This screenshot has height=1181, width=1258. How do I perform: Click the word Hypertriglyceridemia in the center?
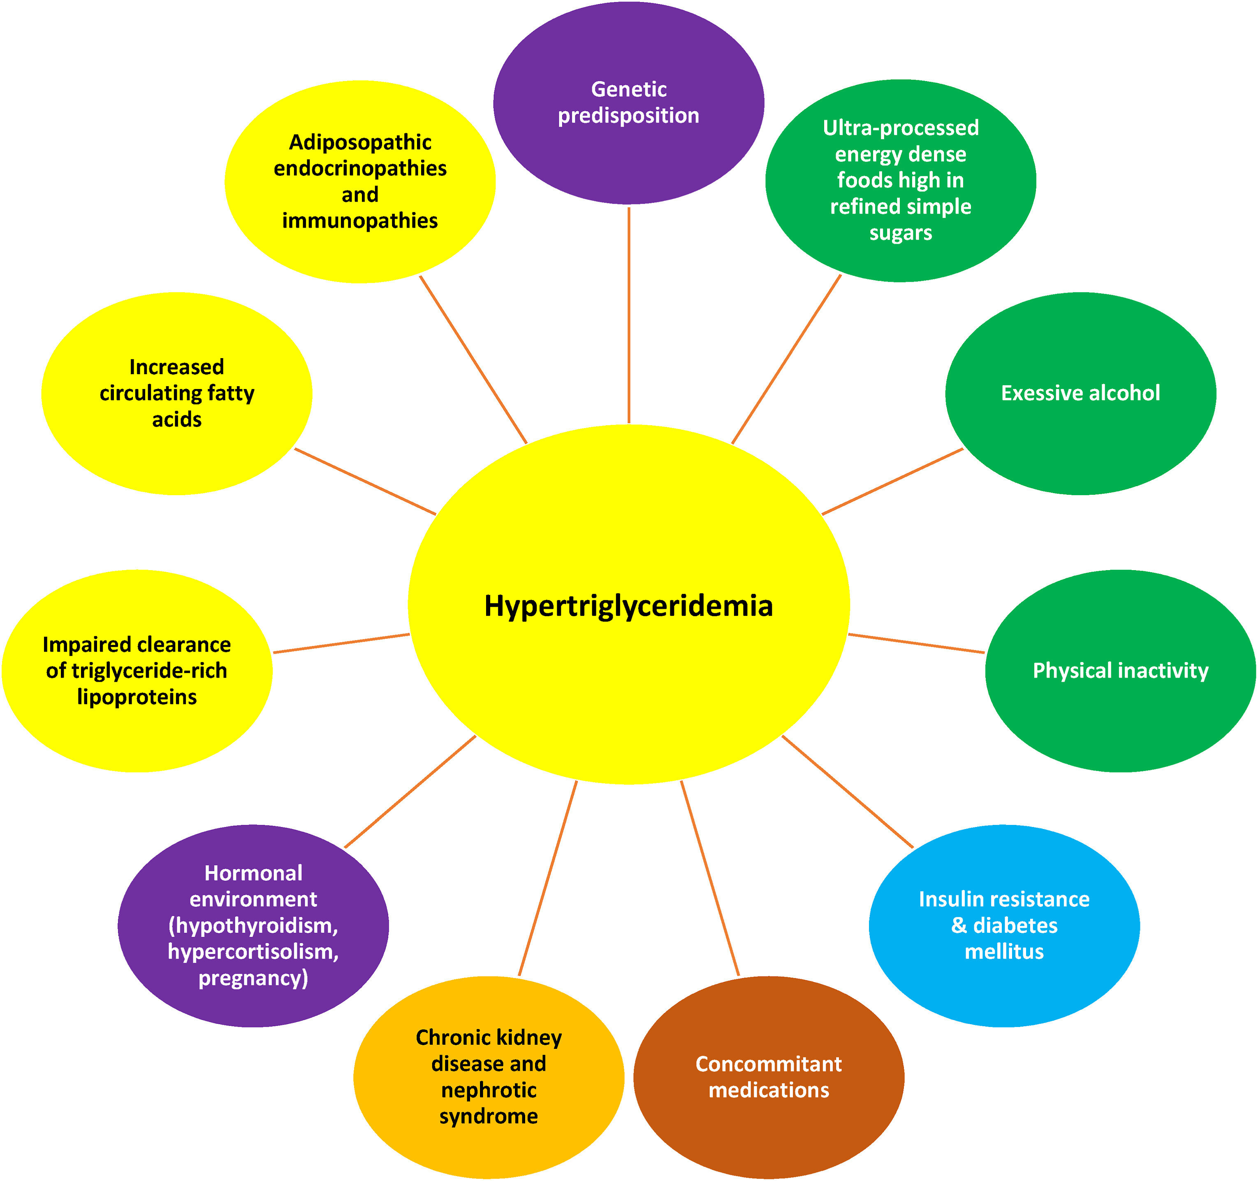(x=628, y=606)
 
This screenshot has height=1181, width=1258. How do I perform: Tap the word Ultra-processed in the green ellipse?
(x=901, y=128)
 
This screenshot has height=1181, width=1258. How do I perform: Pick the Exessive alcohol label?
(x=1080, y=393)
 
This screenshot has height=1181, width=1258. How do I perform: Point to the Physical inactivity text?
(x=1120, y=671)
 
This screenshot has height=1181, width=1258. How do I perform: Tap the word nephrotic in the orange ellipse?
(x=489, y=1090)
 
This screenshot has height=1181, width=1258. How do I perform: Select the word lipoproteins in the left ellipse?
(x=137, y=697)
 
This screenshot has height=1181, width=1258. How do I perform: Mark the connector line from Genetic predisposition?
(x=628, y=315)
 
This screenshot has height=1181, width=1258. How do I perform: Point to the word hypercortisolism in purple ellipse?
(x=253, y=951)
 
